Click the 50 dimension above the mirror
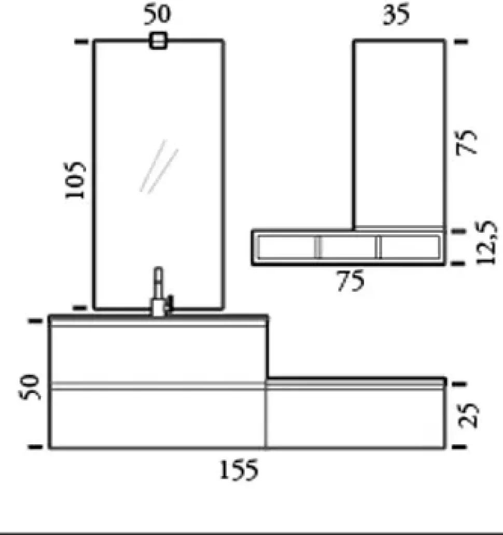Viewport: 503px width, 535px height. coord(157,15)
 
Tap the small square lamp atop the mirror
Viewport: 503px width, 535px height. coord(158,40)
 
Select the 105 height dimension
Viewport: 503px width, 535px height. coord(75,180)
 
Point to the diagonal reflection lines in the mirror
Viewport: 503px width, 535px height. coord(159,166)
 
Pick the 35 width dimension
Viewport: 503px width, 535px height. coord(396,15)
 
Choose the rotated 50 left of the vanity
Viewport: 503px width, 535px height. coord(30,386)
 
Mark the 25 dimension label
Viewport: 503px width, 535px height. coord(469,416)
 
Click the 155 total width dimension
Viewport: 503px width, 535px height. coord(237,471)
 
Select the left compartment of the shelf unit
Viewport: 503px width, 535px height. coord(286,247)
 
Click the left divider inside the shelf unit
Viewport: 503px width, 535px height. coord(318,247)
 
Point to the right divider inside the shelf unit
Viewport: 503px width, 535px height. coord(379,247)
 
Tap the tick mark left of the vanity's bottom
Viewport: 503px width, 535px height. coord(35,446)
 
